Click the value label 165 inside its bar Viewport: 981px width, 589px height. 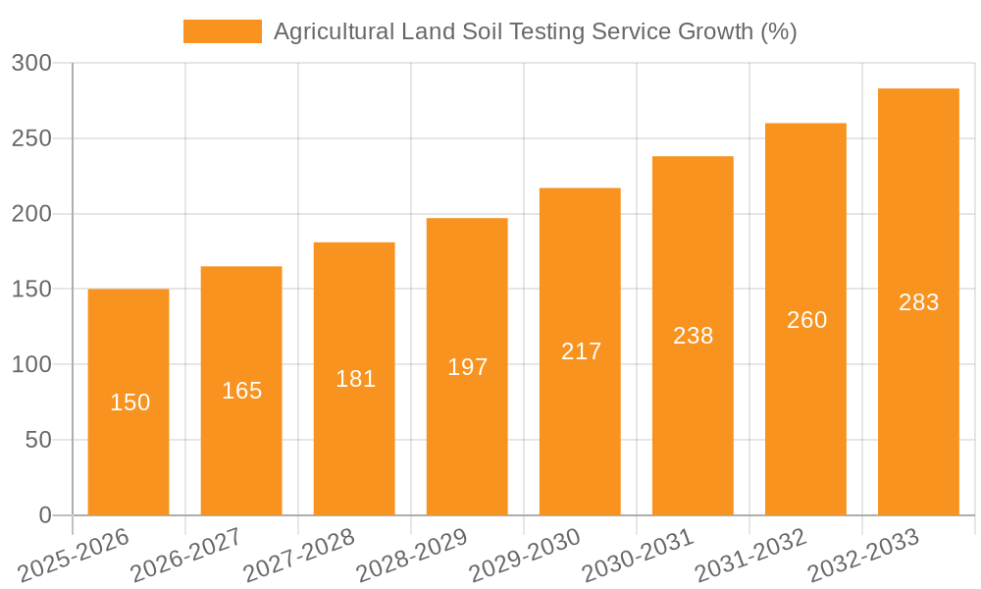click(x=241, y=391)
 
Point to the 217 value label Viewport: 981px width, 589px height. click(x=581, y=351)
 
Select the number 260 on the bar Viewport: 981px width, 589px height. click(x=806, y=320)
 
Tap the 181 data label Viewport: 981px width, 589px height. click(x=355, y=379)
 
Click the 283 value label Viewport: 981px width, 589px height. click(x=918, y=302)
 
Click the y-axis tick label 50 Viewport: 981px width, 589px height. click(x=38, y=440)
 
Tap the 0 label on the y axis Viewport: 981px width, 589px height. click(x=44, y=515)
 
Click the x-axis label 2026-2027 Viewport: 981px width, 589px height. click(x=186, y=556)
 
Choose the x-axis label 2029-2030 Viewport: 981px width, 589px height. click(x=525, y=556)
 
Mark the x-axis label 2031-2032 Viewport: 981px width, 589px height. click(x=750, y=556)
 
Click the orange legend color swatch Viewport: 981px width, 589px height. click(x=223, y=31)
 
